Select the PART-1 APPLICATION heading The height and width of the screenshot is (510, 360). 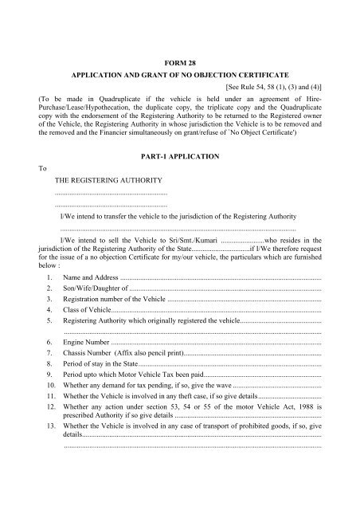pyautogui.click(x=179, y=159)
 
